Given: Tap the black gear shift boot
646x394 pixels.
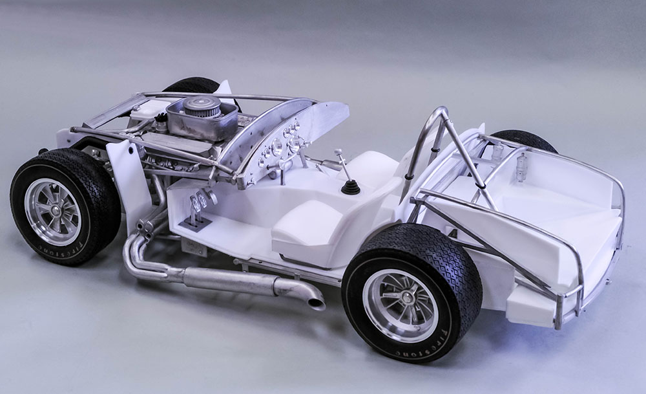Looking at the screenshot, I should pyautogui.click(x=351, y=186).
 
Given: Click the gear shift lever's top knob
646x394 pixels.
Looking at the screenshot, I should pyautogui.click(x=337, y=153).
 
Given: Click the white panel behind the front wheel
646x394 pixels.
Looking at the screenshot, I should pyautogui.click(x=129, y=181).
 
